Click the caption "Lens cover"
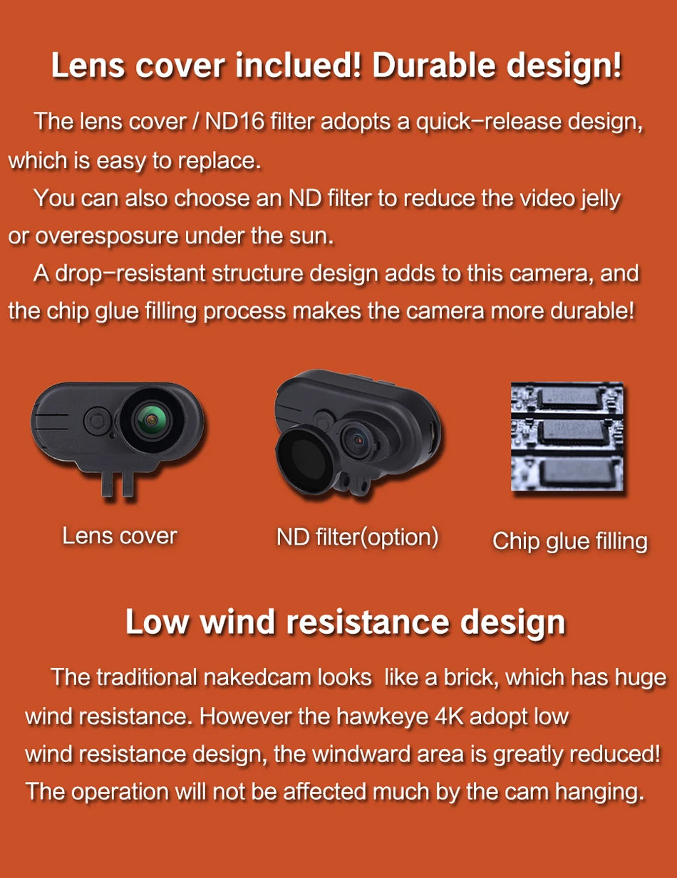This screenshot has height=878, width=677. point(119,535)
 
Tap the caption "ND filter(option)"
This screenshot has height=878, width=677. point(357,536)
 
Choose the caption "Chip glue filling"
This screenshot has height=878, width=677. point(569,541)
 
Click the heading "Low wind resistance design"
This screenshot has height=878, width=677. point(345,621)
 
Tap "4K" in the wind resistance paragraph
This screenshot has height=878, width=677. point(448,715)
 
